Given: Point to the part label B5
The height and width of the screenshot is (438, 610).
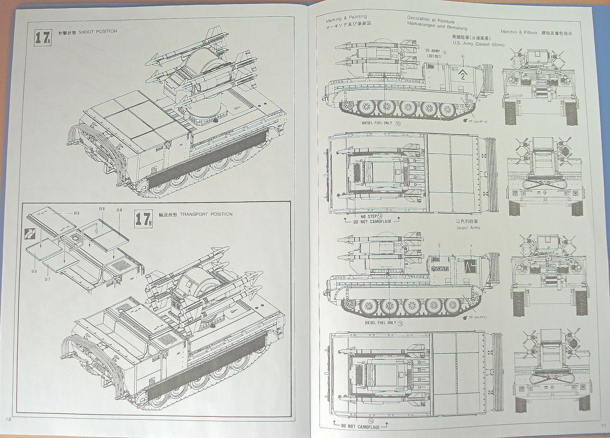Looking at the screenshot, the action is [76, 213].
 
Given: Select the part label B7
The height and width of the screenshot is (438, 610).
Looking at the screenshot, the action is [48, 278].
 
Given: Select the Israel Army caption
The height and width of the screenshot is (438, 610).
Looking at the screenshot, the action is [468, 227].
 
